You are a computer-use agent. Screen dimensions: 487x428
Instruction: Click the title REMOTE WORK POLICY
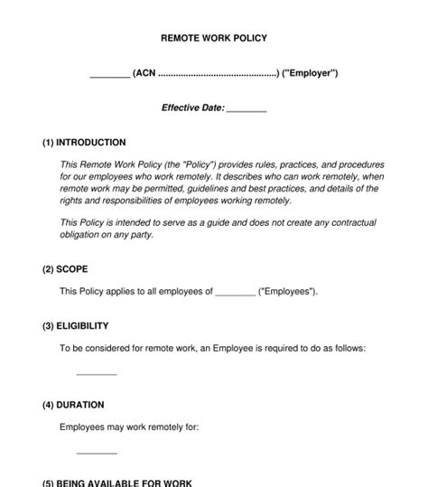[x=214, y=39]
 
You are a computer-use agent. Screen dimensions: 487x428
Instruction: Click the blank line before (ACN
[x=109, y=75]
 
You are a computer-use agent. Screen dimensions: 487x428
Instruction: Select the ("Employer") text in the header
[x=310, y=73]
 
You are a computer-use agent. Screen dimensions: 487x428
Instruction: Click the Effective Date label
[x=192, y=108]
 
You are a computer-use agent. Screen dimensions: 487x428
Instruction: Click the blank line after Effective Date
[x=247, y=109]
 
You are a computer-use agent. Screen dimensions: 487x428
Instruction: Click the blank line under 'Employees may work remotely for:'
[x=97, y=453]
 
